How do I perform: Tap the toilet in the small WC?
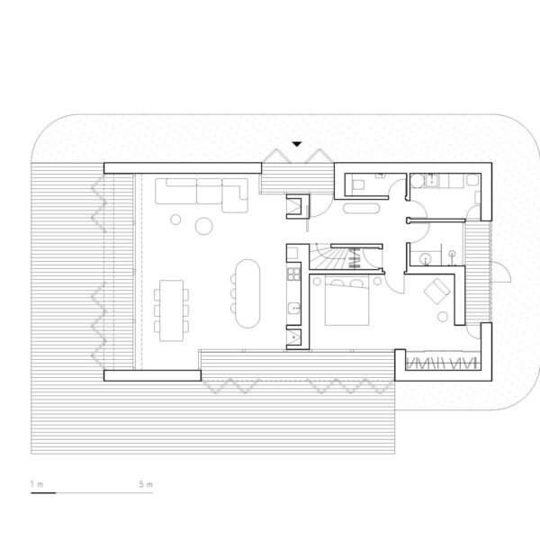tap(358, 185)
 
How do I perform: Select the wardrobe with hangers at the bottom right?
tap(441, 364)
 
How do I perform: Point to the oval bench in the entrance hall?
tap(360, 208)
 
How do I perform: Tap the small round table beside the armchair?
tap(443, 316)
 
